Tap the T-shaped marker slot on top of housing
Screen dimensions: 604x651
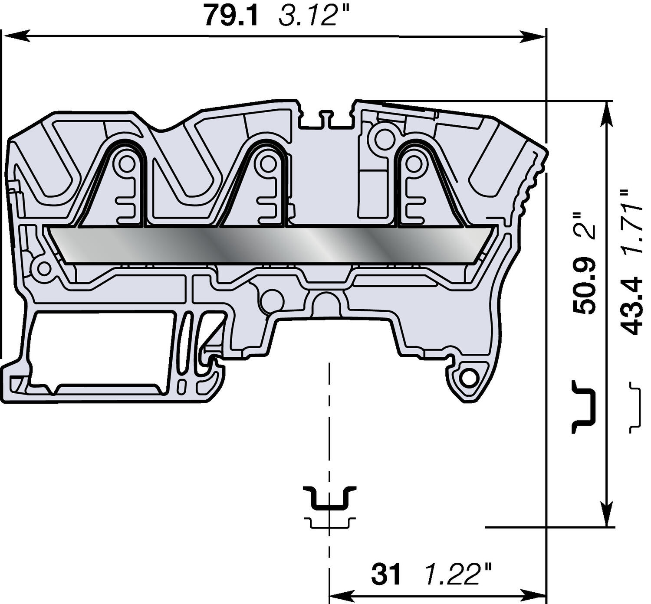click(x=326, y=119)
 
